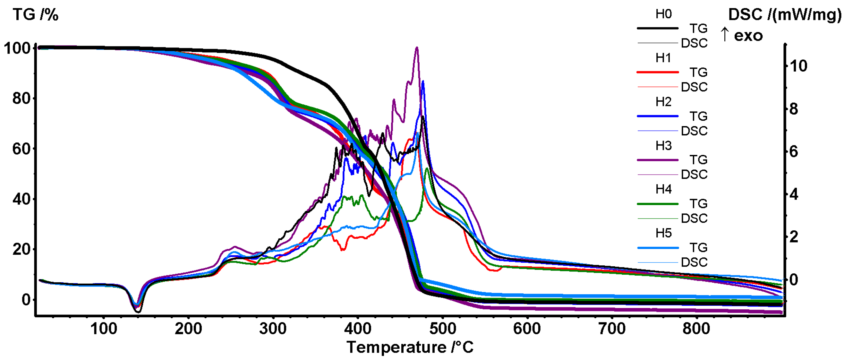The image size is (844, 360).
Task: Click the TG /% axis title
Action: (35, 15)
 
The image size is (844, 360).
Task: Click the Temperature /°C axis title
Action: (410, 347)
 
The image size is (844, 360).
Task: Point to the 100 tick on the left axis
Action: (17, 48)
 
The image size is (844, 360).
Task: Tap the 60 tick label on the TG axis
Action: (21, 149)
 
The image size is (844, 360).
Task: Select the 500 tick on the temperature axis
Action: (442, 329)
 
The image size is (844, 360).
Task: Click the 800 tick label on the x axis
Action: (696, 329)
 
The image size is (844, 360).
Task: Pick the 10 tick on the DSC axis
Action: (798, 66)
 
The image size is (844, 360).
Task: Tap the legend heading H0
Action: (663, 14)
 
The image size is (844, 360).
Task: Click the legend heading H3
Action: (663, 145)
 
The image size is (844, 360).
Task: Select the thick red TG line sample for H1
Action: (657, 72)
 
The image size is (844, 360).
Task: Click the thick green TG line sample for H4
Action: (657, 204)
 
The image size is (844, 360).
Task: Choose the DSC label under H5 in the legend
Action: (694, 262)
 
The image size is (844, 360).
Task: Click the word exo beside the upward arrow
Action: (748, 36)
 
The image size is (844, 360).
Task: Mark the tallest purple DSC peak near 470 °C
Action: (417, 48)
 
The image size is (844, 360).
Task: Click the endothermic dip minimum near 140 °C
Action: (138, 311)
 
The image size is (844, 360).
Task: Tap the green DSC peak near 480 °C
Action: (427, 168)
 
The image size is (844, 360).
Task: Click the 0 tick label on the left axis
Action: (26, 300)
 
